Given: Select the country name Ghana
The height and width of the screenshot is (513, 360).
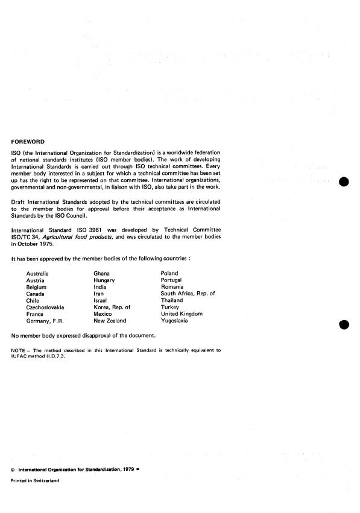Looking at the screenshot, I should (x=101, y=274).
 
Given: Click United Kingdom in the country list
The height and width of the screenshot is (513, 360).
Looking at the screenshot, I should (x=182, y=314).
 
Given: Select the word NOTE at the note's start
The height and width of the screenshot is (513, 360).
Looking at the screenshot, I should (x=19, y=350).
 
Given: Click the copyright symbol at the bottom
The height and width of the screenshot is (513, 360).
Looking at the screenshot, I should (x=13, y=468).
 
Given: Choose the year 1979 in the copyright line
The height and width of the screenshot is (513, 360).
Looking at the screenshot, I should (x=125, y=468).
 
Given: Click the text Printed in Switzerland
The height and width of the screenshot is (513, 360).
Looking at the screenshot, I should (x=35, y=480).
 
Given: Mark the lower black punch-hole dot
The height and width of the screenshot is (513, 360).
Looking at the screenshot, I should (x=344, y=325).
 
